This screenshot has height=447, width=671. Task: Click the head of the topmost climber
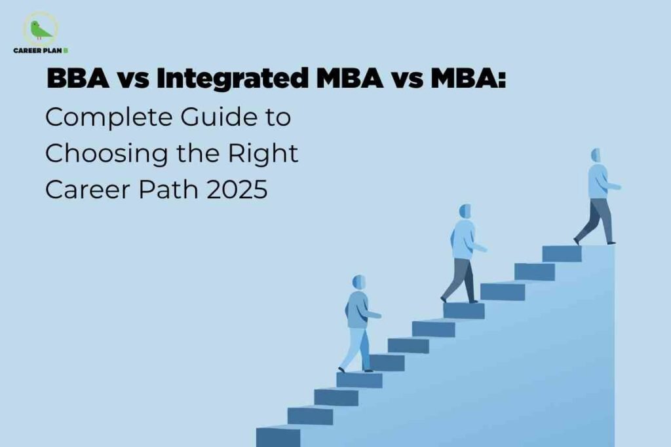pos(596,156)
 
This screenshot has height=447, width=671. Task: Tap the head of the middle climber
pos(465,211)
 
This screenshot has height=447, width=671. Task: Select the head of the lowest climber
pos(359,282)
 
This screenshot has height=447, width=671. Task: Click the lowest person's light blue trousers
pos(357,347)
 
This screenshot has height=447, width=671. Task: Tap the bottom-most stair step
pos(278,437)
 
